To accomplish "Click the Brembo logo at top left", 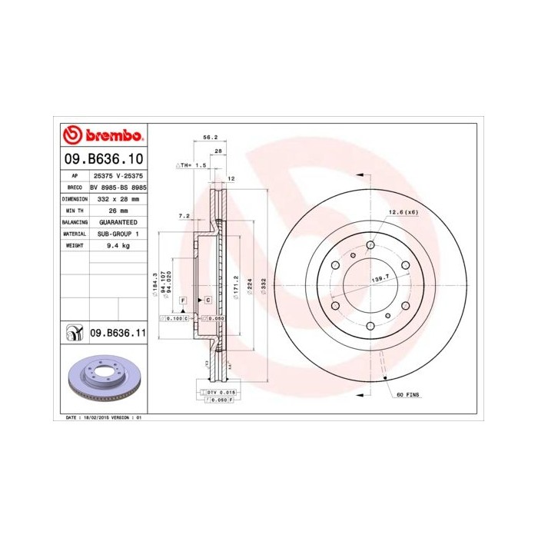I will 102,135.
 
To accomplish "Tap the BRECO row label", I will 75,187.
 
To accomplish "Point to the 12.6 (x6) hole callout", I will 402,212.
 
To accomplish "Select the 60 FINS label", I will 407,394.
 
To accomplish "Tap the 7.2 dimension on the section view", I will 184,216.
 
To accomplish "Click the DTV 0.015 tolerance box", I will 219,392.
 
